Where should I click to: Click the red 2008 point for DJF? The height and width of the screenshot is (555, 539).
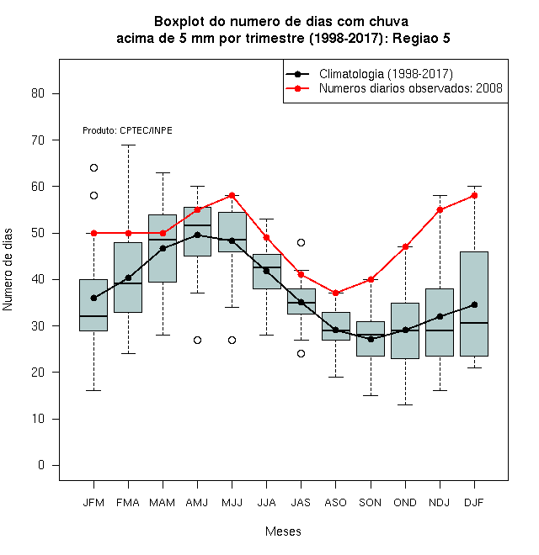point(474,195)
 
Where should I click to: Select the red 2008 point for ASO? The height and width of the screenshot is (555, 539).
point(335,293)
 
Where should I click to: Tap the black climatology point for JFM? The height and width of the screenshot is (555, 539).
point(93,298)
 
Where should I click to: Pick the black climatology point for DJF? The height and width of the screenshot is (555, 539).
point(474,304)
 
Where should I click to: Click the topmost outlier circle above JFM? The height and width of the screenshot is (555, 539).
point(93,168)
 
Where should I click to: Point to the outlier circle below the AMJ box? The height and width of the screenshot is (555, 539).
point(198,341)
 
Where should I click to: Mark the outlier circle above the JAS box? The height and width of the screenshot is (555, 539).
point(301,242)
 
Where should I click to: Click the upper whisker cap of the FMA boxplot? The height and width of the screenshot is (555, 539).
point(128,145)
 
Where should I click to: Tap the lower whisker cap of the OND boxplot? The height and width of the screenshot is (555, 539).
point(405,404)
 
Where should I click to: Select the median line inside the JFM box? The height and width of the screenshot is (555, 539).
point(93,315)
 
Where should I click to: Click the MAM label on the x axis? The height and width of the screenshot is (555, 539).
point(162,503)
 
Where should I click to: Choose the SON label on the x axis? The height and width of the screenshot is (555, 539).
point(370,503)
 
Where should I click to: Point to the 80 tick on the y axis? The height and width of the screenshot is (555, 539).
point(56,93)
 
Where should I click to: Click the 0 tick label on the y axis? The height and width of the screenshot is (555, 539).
point(41,465)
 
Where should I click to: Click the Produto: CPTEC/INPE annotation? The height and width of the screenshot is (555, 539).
point(127,130)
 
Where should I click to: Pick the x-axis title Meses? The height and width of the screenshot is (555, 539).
point(283,531)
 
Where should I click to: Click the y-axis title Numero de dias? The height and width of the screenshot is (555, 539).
point(8,270)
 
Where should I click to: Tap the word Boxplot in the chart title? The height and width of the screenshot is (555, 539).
point(179,22)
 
